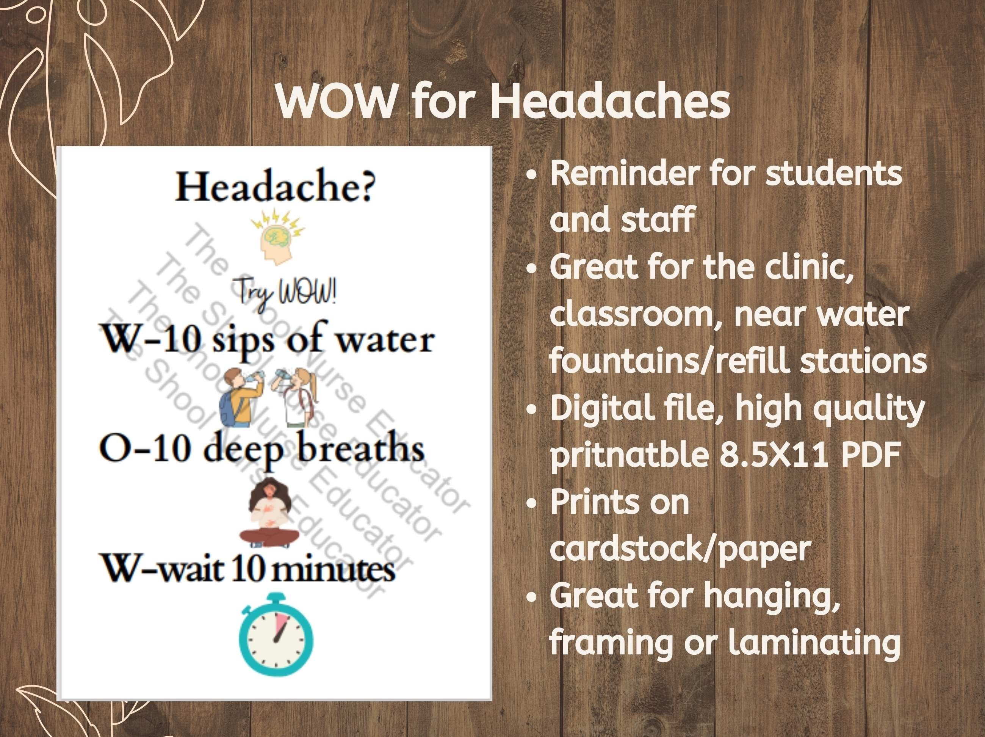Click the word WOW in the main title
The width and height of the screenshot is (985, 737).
[335, 102]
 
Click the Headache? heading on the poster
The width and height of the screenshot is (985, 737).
[275, 187]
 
